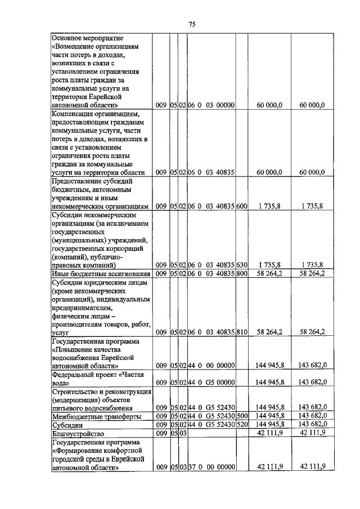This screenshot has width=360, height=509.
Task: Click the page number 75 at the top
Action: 191,24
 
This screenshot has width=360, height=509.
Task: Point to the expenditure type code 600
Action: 242,206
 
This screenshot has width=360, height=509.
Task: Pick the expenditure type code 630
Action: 242,264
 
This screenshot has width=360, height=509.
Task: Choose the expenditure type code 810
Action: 242,332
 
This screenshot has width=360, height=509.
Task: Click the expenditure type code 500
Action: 242,416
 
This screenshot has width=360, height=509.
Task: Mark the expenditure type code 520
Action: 242,425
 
